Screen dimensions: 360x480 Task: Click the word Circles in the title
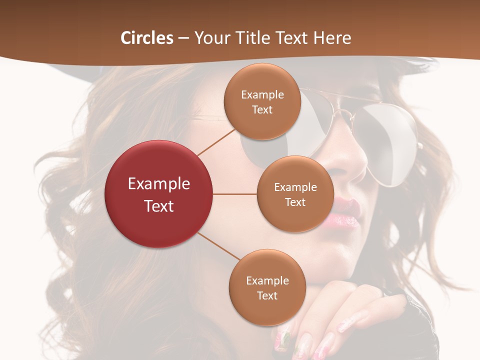click(147, 38)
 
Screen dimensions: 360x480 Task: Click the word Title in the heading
click(251, 38)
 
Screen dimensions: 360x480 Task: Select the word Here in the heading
click(332, 38)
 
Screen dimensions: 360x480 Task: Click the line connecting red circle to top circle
click(216, 142)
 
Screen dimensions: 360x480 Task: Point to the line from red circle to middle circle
click(235, 194)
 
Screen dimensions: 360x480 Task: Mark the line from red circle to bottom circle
click(219, 246)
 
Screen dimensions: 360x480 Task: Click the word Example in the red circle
click(159, 184)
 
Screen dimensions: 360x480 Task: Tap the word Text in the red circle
click(159, 206)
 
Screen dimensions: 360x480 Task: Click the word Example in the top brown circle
click(262, 95)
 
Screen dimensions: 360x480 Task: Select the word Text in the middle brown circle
click(295, 202)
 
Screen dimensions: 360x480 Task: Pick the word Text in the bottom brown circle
click(267, 295)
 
